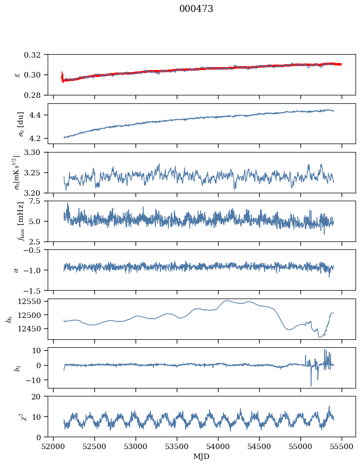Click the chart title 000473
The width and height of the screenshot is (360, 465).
tap(196, 9)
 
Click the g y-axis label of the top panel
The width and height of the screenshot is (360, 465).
tap(17, 75)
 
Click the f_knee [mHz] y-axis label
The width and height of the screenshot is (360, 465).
tap(21, 221)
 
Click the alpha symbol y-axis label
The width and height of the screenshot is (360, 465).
tap(16, 270)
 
